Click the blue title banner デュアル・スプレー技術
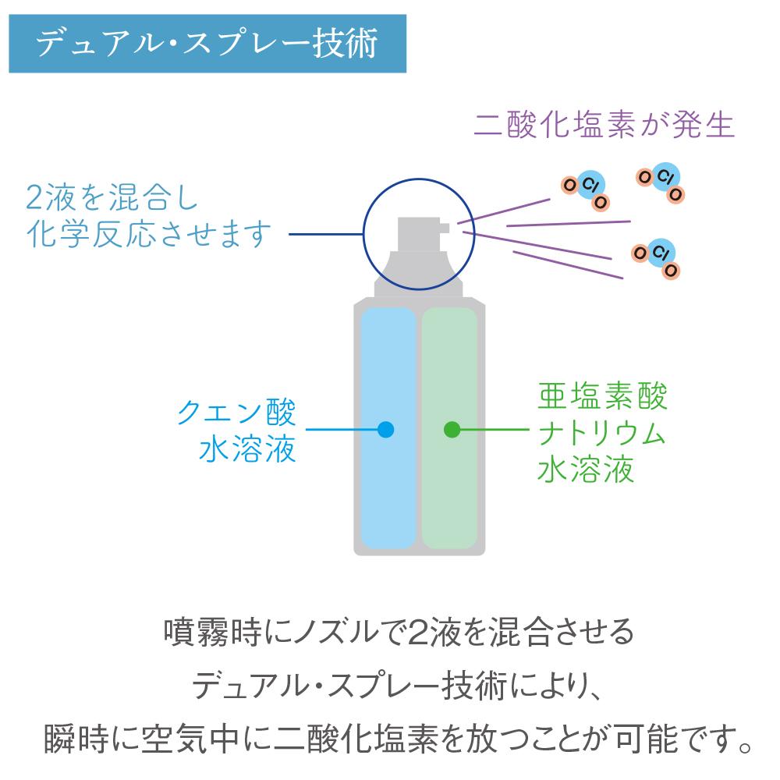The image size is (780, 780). [x=207, y=44]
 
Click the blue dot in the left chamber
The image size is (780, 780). [x=385, y=429]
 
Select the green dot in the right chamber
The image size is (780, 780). [x=452, y=429]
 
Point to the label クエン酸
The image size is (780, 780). [x=237, y=413]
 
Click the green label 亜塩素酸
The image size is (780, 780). [x=602, y=396]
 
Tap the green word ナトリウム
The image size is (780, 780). [x=601, y=432]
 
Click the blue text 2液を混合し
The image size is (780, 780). [x=112, y=197]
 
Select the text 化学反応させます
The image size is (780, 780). [x=149, y=233]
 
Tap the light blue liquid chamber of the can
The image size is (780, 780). [x=388, y=428]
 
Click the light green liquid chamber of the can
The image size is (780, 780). [x=450, y=428]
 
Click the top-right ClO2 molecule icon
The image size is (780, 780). [x=660, y=182]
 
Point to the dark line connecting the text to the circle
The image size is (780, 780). [x=326, y=234]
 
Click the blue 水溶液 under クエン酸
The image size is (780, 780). [x=247, y=448]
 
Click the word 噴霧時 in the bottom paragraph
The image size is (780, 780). [x=213, y=632]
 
